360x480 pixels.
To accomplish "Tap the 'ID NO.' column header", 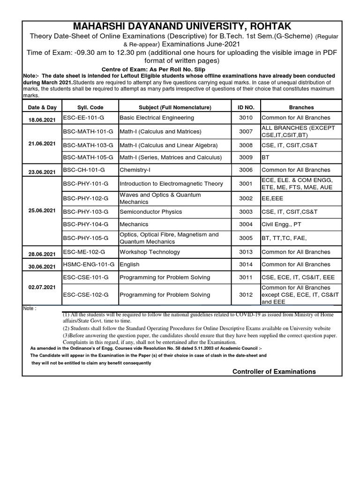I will point(246,107).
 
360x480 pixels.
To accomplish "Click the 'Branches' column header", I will point(301,107).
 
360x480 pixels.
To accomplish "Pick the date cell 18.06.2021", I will point(42,120).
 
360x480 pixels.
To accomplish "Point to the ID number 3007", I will point(246,132).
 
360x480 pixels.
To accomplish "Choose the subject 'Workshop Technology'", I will point(150,252).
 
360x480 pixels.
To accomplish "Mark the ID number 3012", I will point(246,295).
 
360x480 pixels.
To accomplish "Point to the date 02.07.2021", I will point(42,286).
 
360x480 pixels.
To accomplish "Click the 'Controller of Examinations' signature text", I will point(274,372).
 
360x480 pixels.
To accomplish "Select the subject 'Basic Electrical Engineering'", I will point(157,118).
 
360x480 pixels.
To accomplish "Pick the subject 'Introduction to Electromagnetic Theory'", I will point(171,184).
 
